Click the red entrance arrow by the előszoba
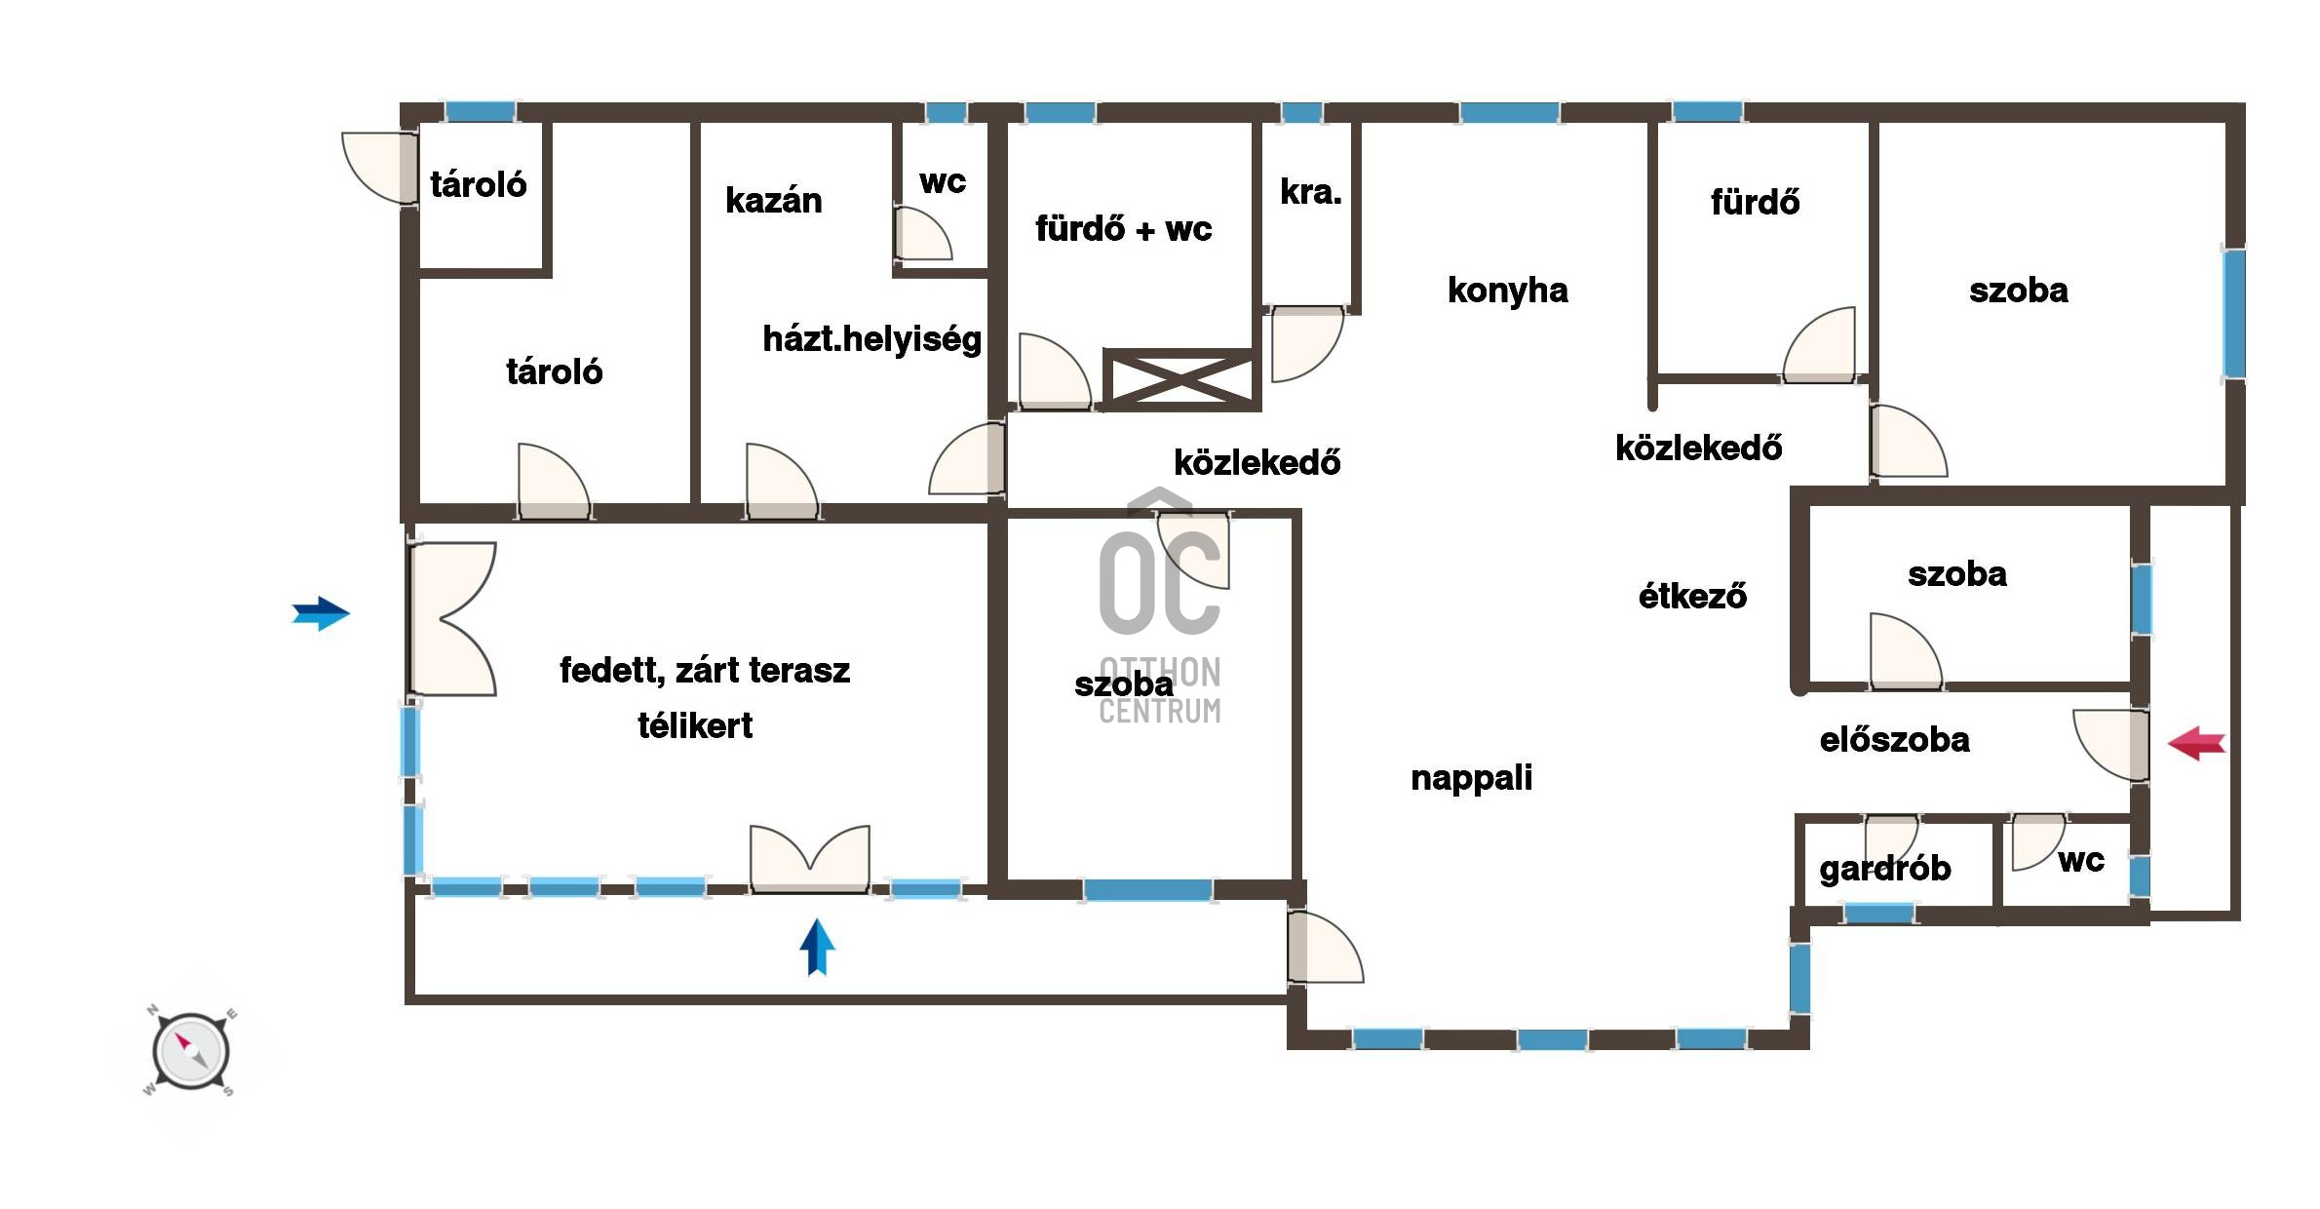pyautogui.click(x=2196, y=743)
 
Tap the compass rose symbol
pyautogui.click(x=191, y=1052)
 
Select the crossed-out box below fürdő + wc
pyautogui.click(x=1180, y=377)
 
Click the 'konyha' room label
pyautogui.click(x=1507, y=291)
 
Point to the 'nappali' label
pyautogui.click(x=1471, y=778)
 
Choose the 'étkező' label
pyautogui.click(x=1692, y=596)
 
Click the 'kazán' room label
pyautogui.click(x=774, y=201)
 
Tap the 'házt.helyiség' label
pyautogui.click(x=871, y=339)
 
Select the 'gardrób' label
pyautogui.click(x=1885, y=869)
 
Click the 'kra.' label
pyautogui.click(x=1310, y=192)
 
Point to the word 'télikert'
pyautogui.click(x=695, y=725)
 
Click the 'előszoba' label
pyautogui.click(x=1894, y=740)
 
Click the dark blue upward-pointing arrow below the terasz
pyautogui.click(x=817, y=947)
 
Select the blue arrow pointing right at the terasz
pyautogui.click(x=321, y=613)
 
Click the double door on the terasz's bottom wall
pyautogui.click(x=809, y=858)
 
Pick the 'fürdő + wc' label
pyautogui.click(x=1123, y=229)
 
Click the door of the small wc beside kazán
pyautogui.click(x=922, y=233)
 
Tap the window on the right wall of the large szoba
pyautogui.click(x=2233, y=313)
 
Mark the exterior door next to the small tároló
pyautogui.click(x=380, y=168)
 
